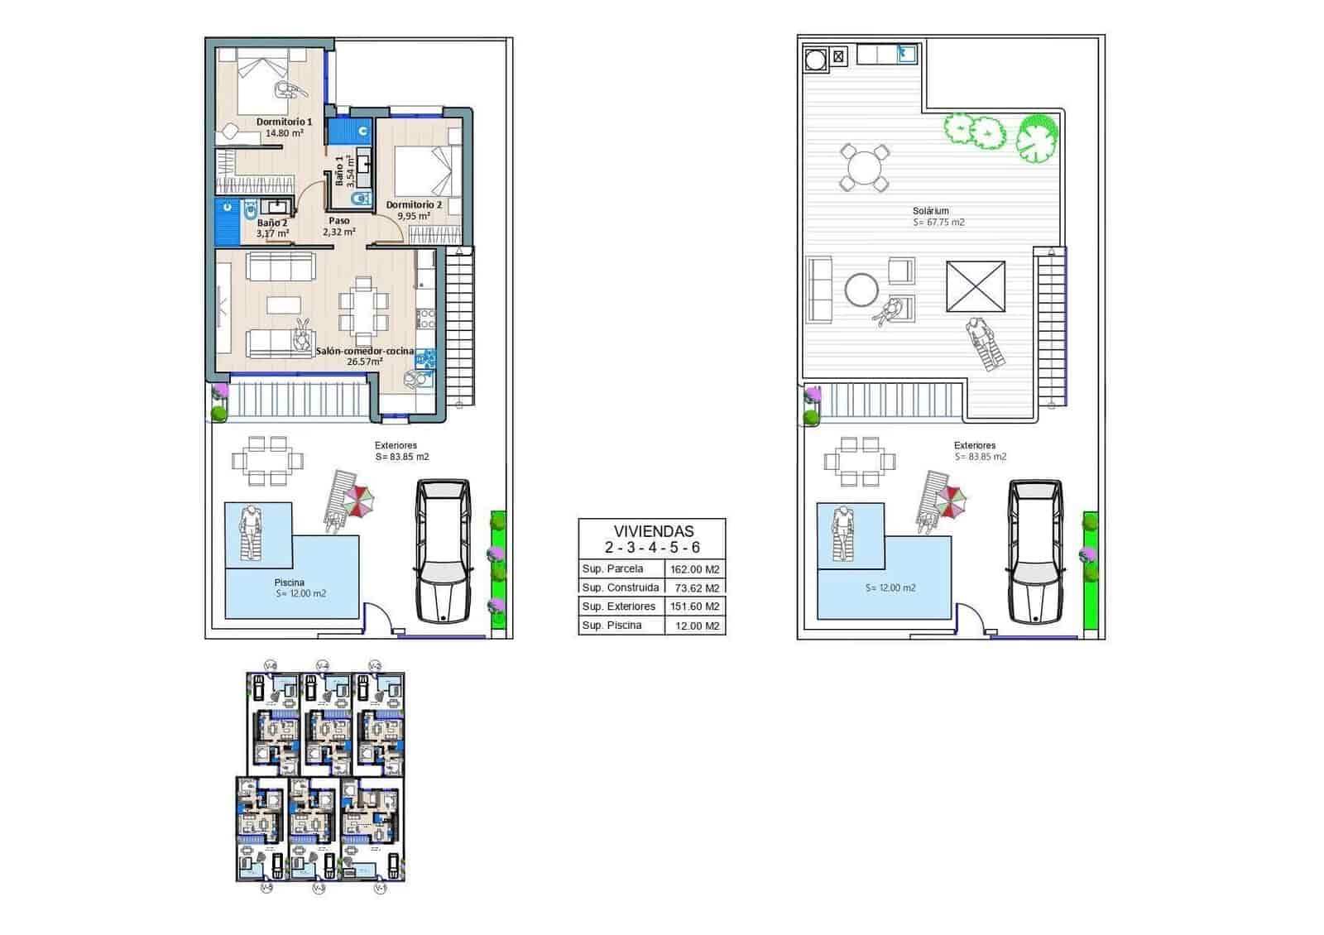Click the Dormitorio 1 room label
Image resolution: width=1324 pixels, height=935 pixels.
point(284,122)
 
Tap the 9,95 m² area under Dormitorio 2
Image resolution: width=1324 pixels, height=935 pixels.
point(413,216)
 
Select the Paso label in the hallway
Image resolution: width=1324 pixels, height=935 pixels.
point(338,221)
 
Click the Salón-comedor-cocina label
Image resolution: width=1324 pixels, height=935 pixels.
point(365,351)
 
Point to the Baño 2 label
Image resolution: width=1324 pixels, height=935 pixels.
point(271,223)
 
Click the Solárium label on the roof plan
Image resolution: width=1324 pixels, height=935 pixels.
point(930,211)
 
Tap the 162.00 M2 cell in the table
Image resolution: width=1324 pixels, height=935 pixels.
point(695,569)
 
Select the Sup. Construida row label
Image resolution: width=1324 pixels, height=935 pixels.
point(621,587)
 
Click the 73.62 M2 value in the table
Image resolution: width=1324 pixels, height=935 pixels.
point(697,588)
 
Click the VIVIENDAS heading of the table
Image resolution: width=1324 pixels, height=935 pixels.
point(653,531)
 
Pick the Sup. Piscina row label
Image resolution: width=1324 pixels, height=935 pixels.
point(612,626)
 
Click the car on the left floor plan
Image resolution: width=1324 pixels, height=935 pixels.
point(443,550)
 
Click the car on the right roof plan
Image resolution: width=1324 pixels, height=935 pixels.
point(1034,550)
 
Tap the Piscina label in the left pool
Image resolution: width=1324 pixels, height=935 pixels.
point(289,583)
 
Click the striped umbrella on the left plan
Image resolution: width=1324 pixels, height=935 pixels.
point(359,500)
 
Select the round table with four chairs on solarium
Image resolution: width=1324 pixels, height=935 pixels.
point(864,168)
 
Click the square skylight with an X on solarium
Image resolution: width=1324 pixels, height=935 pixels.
point(976,286)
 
